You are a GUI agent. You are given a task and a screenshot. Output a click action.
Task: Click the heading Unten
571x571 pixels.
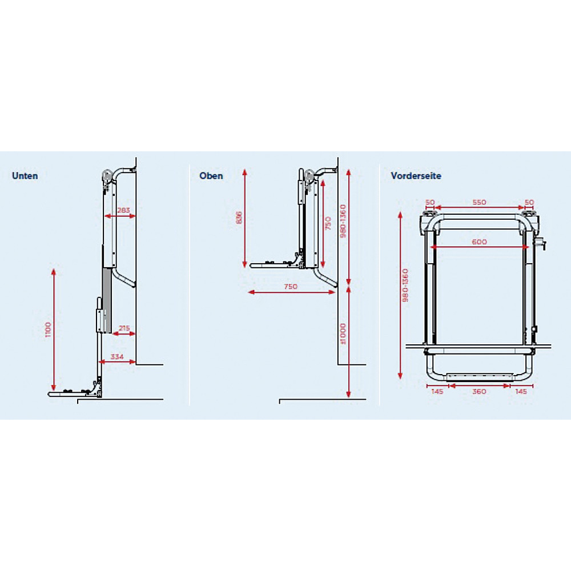point(25,176)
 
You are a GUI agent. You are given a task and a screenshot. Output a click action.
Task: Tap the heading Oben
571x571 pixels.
point(211,176)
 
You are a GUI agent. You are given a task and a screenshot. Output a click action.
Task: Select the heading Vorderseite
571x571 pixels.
point(416,176)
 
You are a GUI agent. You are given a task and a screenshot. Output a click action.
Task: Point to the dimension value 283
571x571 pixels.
point(123,210)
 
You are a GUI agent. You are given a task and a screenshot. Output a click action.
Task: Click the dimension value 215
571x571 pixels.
point(123,328)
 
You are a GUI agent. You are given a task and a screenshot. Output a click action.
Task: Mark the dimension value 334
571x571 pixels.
point(118,356)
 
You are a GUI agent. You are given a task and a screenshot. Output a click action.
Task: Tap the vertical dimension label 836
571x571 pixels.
point(239,218)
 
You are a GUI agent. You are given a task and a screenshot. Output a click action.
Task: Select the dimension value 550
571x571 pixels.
point(479,202)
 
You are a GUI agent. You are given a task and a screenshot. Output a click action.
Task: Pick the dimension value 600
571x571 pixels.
point(480,242)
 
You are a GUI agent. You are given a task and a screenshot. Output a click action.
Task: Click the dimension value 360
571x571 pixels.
point(479,392)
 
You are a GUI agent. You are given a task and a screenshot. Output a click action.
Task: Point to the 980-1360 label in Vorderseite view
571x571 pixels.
point(405,285)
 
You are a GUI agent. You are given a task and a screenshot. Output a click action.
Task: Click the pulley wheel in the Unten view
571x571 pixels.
point(106,176)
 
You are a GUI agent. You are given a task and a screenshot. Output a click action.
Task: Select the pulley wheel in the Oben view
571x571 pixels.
point(309,176)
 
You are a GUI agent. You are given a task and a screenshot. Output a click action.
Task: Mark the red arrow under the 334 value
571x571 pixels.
point(118,361)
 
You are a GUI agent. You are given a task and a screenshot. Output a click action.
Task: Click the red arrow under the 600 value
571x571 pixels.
point(480,247)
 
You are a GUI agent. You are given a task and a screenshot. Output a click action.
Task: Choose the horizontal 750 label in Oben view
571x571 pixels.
point(290,287)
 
